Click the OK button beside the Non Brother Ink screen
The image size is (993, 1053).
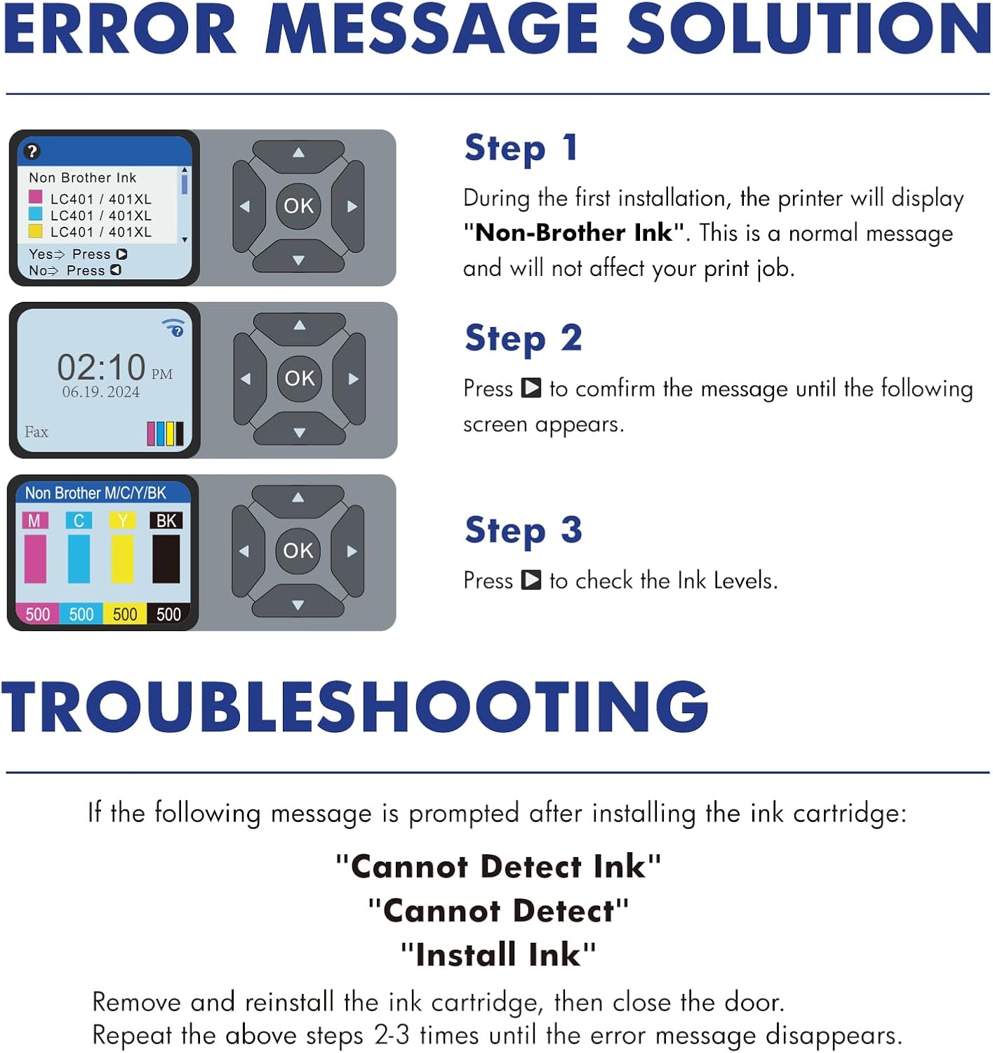(x=298, y=206)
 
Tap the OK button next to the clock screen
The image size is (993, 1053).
(x=300, y=378)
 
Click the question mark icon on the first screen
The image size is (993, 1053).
(x=32, y=152)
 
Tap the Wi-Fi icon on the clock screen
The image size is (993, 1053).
(x=174, y=328)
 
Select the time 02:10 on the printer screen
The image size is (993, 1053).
(x=101, y=367)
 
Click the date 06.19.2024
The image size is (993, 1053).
(x=101, y=392)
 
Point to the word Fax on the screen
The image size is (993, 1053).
(x=36, y=432)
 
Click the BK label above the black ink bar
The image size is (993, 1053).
(x=166, y=520)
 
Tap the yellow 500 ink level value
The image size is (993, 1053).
(x=125, y=614)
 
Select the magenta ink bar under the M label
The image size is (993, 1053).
(x=35, y=559)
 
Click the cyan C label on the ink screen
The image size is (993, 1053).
(x=79, y=520)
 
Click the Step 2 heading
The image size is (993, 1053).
(x=524, y=339)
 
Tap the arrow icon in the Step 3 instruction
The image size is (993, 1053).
(x=531, y=580)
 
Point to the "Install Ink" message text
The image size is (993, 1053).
(x=498, y=955)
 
